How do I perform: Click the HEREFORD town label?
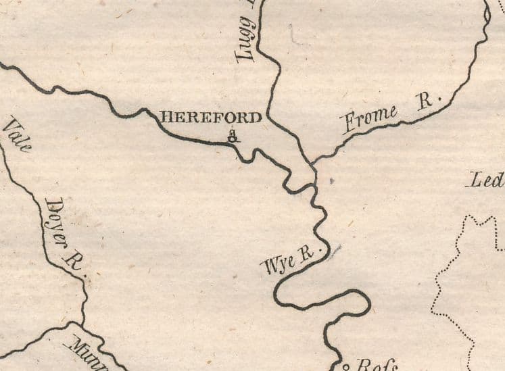point(210,118)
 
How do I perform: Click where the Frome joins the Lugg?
point(312,163)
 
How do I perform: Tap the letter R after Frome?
point(425,102)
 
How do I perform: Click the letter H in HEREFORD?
point(163,118)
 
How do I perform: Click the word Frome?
point(369,119)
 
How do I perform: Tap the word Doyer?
point(57,218)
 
